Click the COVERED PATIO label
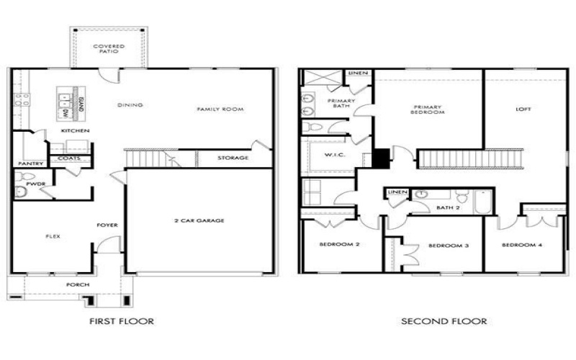coord(109,49)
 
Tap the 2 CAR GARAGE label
coord(199,220)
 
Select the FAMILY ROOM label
coord(220,109)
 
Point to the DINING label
coord(130,105)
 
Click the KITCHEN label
coord(75,130)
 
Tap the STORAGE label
coord(233,158)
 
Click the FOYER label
coord(107,225)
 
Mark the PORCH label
coord(77,285)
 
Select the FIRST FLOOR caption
coord(121,321)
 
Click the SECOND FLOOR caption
coord(444,321)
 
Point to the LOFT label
coord(523,109)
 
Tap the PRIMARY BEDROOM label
coord(427,110)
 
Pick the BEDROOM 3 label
coord(449,246)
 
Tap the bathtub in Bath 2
coord(482,202)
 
